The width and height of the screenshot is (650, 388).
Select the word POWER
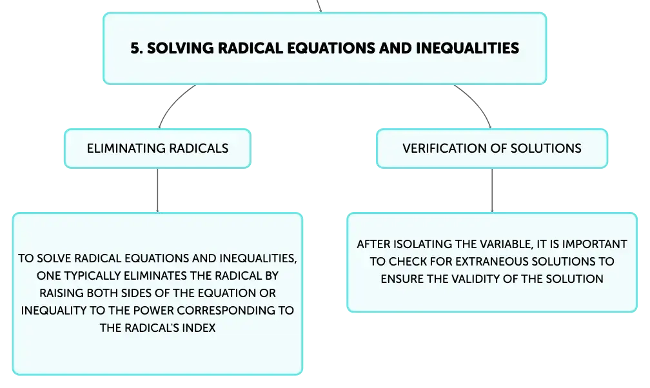(x=153, y=311)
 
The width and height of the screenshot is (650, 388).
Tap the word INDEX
(x=200, y=328)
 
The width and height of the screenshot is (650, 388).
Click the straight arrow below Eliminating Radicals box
(x=157, y=190)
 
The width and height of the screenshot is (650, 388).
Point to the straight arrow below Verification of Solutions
(x=492, y=190)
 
